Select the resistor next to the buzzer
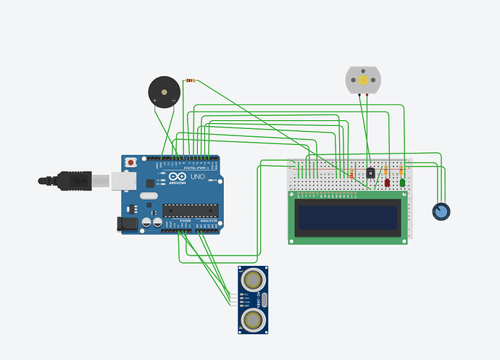(x=191, y=80)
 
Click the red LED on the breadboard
(x=388, y=183)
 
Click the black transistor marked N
(x=371, y=173)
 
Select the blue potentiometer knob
(x=440, y=212)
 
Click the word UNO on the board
(x=198, y=177)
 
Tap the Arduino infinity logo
(x=178, y=177)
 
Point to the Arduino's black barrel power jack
(x=128, y=223)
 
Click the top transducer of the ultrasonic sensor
(x=254, y=278)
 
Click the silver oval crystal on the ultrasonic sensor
(x=265, y=298)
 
